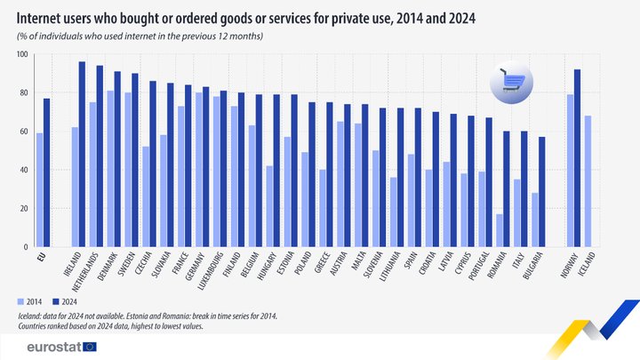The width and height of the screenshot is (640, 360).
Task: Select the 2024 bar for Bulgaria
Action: pos(541,191)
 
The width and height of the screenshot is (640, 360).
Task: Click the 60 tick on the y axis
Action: pos(22,132)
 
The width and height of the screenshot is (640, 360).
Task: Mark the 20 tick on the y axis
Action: pos(22,209)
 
